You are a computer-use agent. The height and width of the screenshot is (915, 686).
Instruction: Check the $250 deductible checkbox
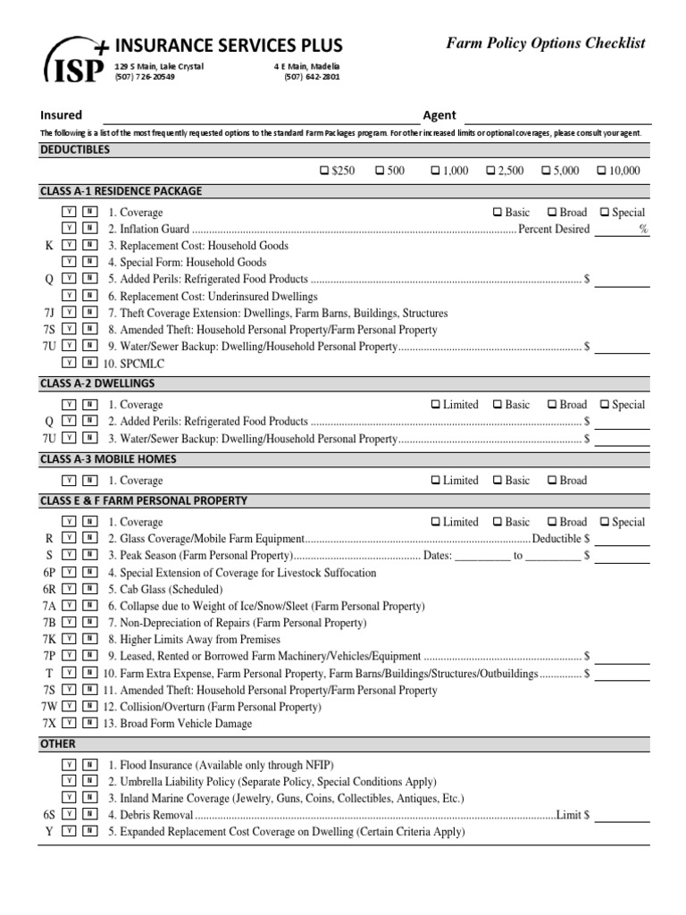point(323,171)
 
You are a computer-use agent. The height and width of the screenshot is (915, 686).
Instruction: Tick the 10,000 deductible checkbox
point(601,171)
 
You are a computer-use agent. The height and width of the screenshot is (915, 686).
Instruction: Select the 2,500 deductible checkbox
point(490,171)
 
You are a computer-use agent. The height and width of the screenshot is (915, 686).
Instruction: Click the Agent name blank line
point(557,116)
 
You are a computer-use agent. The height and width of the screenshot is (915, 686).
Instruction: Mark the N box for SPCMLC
point(89,364)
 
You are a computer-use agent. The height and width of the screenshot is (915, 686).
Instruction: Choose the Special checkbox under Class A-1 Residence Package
point(605,213)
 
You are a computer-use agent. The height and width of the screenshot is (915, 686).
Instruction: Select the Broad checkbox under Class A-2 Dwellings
point(552,405)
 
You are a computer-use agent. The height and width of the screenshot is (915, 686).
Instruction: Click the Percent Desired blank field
point(615,230)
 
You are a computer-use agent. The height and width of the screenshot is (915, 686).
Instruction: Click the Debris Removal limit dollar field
point(622,815)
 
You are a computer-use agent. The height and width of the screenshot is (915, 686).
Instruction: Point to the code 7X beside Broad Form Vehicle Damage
point(49,724)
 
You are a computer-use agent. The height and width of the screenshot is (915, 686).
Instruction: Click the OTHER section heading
point(58,743)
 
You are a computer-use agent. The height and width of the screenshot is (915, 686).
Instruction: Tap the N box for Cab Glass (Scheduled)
point(89,590)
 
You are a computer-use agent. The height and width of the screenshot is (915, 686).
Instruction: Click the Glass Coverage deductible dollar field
point(622,539)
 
